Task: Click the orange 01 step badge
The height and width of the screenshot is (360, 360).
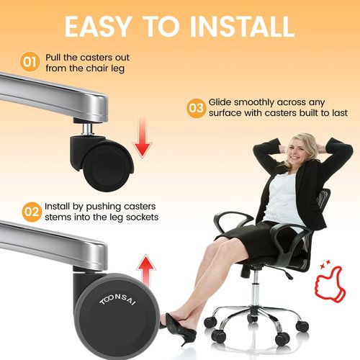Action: pyautogui.click(x=30, y=62)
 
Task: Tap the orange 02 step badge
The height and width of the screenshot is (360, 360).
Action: pyautogui.click(x=32, y=212)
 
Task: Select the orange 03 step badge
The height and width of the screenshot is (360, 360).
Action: pyautogui.click(x=196, y=108)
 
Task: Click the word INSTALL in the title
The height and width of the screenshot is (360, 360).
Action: pyautogui.click(x=243, y=27)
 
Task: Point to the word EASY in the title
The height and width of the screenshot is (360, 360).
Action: pyautogui.click(x=98, y=27)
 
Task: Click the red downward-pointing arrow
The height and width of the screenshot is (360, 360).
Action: pyautogui.click(x=143, y=138)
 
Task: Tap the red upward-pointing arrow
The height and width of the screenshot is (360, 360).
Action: pyautogui.click(x=146, y=271)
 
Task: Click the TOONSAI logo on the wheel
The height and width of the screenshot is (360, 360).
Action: pyautogui.click(x=117, y=300)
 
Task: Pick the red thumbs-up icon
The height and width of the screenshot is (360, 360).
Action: pyautogui.click(x=330, y=283)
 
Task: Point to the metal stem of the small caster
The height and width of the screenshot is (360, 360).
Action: pyautogui.click(x=87, y=129)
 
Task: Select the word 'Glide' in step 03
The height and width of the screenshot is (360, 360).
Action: pyautogui.click(x=220, y=102)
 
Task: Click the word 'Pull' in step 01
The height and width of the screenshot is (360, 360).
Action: pyautogui.click(x=53, y=58)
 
